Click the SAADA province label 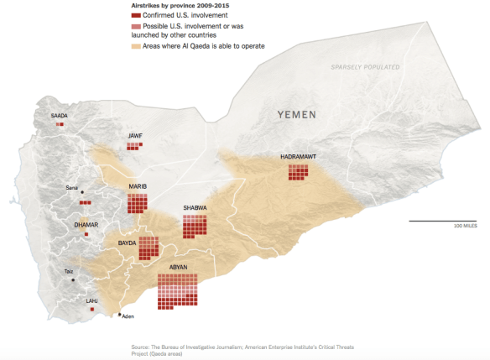(x=59, y=116)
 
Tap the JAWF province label (x=135, y=135)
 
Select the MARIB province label (x=138, y=186)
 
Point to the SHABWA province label (x=195, y=207)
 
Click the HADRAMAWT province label (x=298, y=157)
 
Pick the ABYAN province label (x=179, y=269)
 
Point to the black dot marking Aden (x=119, y=315)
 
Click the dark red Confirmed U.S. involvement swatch (x=136, y=16)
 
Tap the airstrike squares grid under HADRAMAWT (x=299, y=172)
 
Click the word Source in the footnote (x=142, y=347)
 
